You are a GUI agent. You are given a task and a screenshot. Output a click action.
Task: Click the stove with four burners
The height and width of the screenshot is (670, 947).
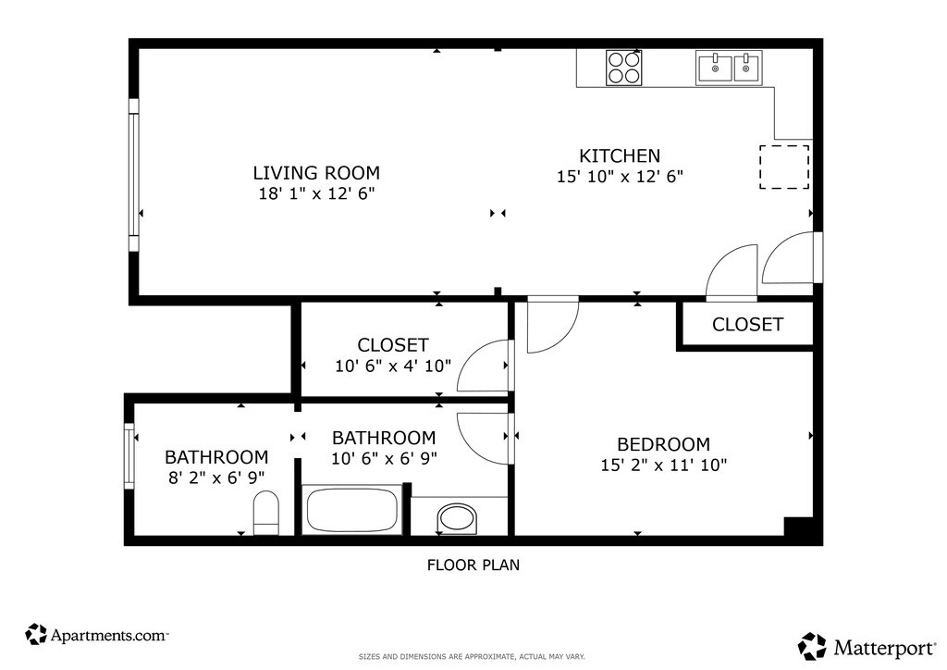(x=624, y=68)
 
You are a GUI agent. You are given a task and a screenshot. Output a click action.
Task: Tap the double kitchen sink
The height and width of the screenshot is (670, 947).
(x=729, y=68)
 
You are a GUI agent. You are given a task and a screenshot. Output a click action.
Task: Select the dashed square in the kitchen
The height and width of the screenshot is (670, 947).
(x=784, y=167)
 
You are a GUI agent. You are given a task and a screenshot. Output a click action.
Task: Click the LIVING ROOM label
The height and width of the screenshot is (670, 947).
(x=316, y=173)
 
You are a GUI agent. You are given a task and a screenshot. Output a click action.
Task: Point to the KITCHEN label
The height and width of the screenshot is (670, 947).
(x=620, y=155)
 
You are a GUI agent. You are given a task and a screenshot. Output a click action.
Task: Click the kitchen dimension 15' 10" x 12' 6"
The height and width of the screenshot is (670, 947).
(x=620, y=177)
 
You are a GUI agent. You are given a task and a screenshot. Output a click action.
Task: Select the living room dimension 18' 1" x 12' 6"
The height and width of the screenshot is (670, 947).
(x=316, y=193)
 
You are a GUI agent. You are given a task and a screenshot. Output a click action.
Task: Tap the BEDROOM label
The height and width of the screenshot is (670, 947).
(x=663, y=444)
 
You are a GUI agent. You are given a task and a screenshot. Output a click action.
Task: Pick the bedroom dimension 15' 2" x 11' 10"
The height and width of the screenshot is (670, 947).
(x=663, y=465)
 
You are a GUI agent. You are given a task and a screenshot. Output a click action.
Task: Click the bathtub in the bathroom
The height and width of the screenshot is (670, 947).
(x=351, y=510)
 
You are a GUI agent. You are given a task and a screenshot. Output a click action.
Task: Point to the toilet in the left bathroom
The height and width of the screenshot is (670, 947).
(x=265, y=513)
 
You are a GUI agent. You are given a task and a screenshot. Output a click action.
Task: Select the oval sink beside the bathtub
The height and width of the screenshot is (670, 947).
(x=457, y=519)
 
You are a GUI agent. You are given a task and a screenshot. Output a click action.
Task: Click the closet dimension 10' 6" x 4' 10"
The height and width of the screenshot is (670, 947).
(x=393, y=366)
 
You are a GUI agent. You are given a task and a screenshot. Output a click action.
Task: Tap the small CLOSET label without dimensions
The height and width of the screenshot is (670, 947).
(x=747, y=325)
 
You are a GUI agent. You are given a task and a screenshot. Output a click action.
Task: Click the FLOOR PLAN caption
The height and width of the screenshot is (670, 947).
(x=473, y=565)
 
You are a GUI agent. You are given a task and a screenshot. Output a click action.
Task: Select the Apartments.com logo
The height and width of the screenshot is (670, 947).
(x=96, y=634)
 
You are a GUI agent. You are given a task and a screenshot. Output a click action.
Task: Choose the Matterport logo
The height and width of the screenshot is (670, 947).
(x=867, y=647)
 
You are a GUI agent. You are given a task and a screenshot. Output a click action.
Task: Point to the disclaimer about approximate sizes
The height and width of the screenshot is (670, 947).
(x=472, y=657)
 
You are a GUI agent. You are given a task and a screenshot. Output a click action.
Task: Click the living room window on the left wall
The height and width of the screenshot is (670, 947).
(x=133, y=175)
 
